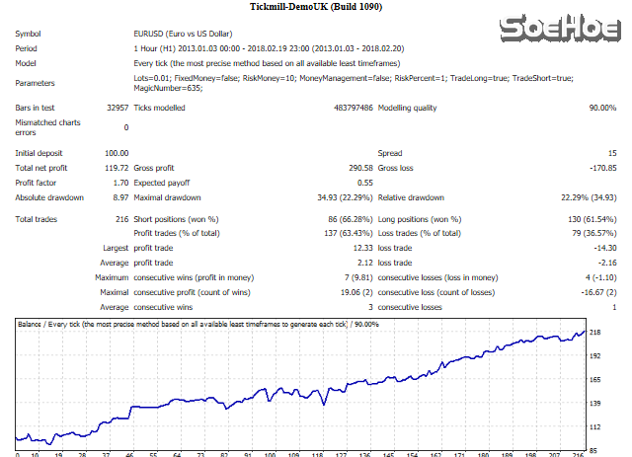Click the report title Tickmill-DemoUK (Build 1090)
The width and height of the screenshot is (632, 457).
click(x=316, y=10)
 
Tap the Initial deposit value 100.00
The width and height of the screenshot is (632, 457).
click(x=117, y=153)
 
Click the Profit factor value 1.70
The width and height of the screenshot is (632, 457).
click(x=119, y=183)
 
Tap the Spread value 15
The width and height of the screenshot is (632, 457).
click(x=612, y=153)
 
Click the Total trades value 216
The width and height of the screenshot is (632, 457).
click(x=120, y=217)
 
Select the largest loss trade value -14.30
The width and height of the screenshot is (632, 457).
click(x=601, y=247)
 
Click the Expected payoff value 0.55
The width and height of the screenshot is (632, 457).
click(x=364, y=183)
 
